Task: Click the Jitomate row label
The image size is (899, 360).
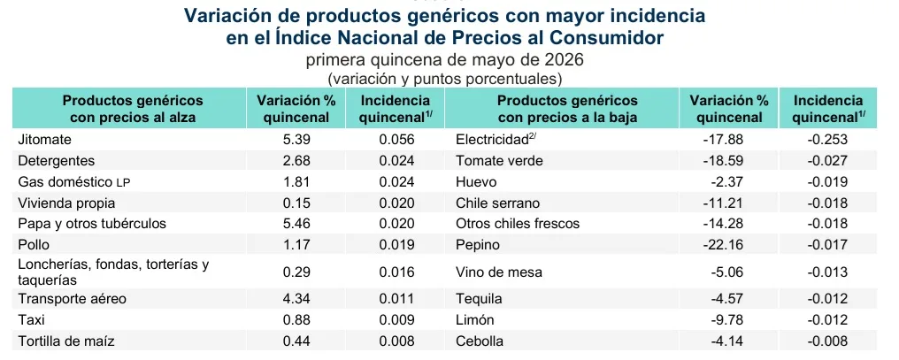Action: (44, 139)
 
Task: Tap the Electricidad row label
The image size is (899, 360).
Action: (496, 139)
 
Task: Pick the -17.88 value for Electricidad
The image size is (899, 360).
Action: (723, 139)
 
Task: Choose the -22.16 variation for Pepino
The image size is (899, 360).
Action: (723, 245)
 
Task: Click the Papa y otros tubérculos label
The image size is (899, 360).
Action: (92, 224)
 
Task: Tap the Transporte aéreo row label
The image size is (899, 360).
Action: (73, 299)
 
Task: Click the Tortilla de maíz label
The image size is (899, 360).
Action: (66, 341)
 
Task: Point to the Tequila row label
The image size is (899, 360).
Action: (479, 299)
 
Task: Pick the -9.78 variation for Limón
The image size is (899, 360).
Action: (726, 320)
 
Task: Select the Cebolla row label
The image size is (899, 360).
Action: (480, 341)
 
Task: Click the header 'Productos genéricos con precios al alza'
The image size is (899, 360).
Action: (133, 109)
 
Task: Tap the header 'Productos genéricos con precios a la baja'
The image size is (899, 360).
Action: (567, 109)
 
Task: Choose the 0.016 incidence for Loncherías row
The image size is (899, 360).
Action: (396, 272)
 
